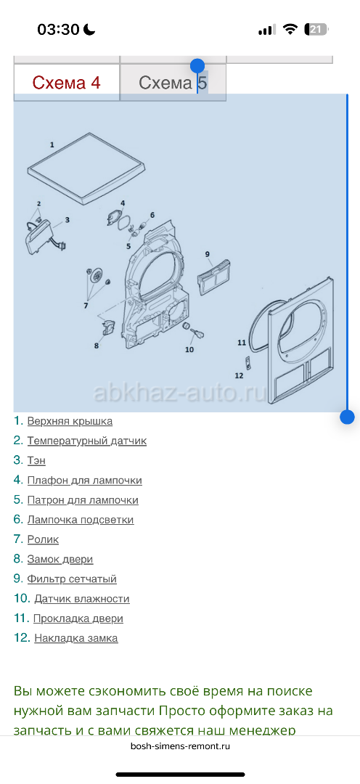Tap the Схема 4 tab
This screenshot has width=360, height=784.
67,83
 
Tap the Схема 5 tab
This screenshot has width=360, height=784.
173,83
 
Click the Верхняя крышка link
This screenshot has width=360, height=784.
70,421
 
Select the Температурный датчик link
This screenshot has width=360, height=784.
87,441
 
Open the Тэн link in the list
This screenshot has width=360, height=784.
36,460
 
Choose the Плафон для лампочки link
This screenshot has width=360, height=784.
84,481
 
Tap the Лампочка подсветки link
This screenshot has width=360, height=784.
81,520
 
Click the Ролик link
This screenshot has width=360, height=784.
43,539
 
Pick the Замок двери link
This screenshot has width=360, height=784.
60,560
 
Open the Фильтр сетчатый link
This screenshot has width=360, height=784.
72,579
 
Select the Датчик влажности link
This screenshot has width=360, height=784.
82,599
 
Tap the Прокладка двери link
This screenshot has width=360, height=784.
78,618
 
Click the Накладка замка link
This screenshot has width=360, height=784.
76,639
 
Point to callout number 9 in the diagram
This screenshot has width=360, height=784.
207,254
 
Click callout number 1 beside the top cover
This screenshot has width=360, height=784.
52,144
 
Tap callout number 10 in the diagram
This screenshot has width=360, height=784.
189,349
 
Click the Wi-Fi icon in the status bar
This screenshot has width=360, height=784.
290,30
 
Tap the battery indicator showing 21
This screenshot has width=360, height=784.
316,30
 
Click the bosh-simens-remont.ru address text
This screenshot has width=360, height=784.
180,746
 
